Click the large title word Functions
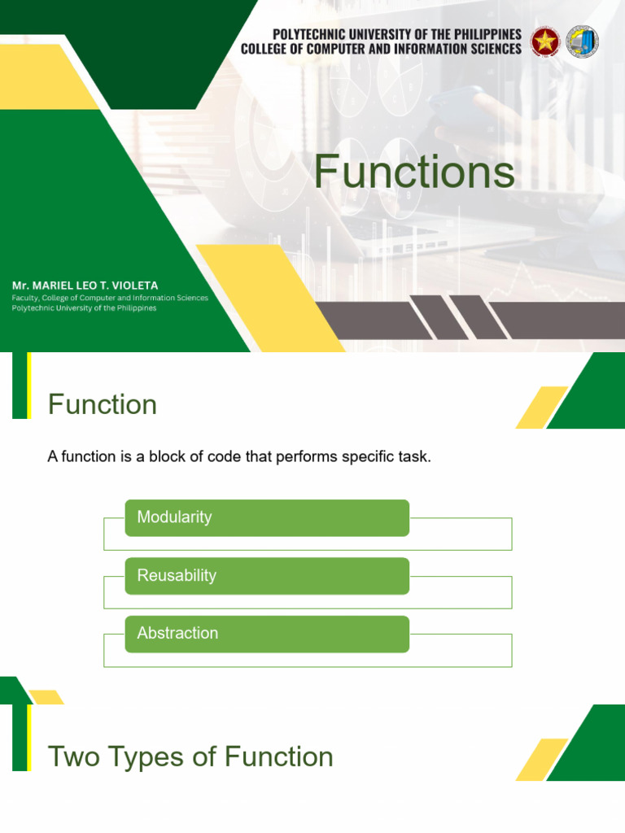[414, 172]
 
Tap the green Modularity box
[266, 517]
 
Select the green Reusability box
[266, 576]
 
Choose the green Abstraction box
[266, 634]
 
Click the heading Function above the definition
[102, 404]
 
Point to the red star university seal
[544, 41]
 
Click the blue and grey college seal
[582, 41]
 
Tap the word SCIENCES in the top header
[490, 49]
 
